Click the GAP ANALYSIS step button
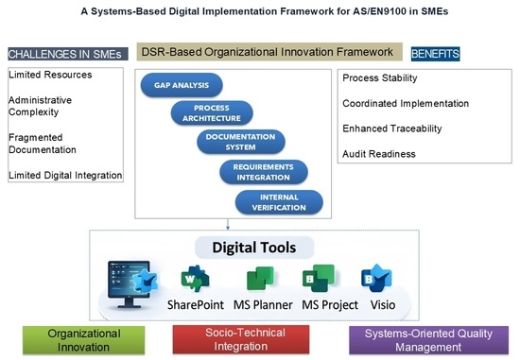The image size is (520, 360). coord(182,85)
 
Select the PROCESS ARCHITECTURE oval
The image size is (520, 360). coord(212,113)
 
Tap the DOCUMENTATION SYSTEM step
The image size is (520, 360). coord(241,142)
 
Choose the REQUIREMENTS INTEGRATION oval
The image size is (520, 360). coord(264,172)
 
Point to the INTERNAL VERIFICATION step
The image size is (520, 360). coord(279,202)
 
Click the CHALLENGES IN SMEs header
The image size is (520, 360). coord(68,54)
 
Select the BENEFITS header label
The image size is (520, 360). coord(435,54)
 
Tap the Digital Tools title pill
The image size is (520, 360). coord(254,248)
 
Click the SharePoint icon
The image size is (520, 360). coord(195,279)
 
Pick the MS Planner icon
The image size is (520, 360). coord(261,278)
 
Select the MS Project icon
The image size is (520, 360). coord(319,278)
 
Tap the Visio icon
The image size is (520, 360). coord(376,278)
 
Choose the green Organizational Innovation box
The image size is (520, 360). coord(83,340)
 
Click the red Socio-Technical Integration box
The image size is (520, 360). coord(241,339)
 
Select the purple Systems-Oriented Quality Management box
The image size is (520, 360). coord(428,340)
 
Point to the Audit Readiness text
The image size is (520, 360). coord(379,154)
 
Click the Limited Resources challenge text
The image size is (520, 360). coord(50,75)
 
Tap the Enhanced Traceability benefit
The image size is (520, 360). coord(392,129)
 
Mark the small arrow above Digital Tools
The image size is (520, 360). coord(228,224)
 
